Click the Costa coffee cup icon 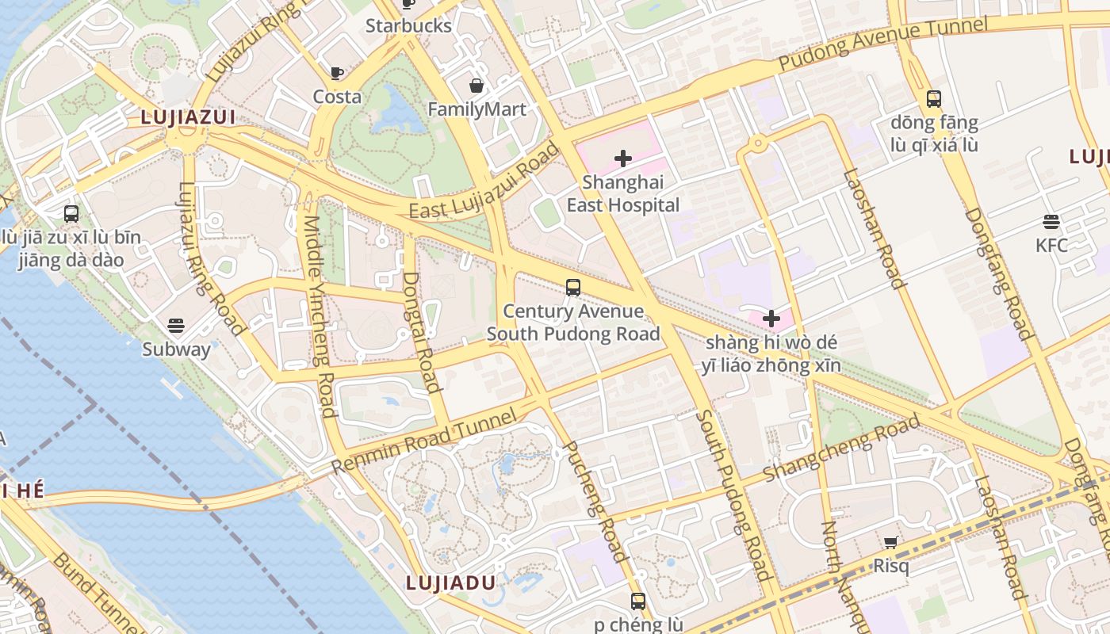click(337, 74)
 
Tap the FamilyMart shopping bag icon click(477, 86)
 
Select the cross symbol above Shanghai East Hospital click(623, 158)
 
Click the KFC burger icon click(1051, 222)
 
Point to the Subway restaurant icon click(176, 326)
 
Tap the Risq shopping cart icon click(890, 543)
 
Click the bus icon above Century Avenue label click(573, 288)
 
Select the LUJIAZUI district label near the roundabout click(188, 117)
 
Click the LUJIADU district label click(450, 582)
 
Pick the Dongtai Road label click(421, 332)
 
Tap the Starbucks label click(408, 25)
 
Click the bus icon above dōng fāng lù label click(934, 99)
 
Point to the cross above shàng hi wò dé click(771, 319)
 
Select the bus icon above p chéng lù click(638, 601)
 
